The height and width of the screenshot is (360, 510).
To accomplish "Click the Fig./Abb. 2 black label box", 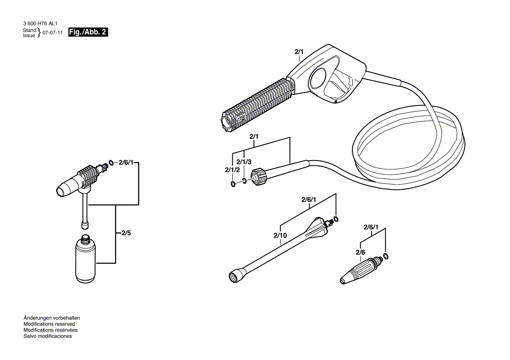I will click(x=88, y=33).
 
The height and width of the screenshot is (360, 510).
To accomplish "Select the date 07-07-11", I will click(x=52, y=33).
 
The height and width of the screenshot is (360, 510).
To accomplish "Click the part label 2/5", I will click(x=126, y=233).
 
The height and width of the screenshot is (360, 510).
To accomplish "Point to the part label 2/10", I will click(x=280, y=236).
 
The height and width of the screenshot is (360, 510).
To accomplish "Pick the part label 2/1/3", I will click(x=245, y=161).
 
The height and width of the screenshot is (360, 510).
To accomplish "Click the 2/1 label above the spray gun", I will click(x=299, y=52).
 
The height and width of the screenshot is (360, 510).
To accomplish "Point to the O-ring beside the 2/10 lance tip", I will click(x=336, y=219).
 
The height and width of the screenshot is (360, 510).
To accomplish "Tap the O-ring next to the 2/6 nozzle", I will click(x=385, y=256).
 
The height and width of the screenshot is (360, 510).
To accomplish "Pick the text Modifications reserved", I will click(x=49, y=324).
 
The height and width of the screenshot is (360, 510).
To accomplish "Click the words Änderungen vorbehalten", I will click(x=52, y=318).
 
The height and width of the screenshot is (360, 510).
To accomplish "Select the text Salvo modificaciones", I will click(x=48, y=336).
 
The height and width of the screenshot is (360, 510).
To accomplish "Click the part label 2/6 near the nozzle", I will click(x=360, y=252).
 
